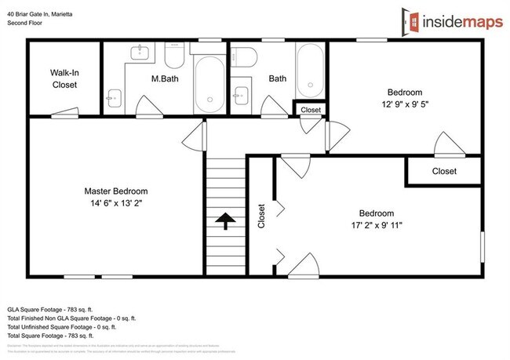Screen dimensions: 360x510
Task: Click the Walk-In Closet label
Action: click(65, 78)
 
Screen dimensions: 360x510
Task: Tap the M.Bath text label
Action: click(166, 78)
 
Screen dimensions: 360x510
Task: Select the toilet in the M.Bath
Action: click(174, 57)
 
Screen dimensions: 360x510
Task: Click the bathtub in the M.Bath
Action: click(209, 83)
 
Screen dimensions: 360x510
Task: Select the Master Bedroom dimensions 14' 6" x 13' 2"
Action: click(115, 202)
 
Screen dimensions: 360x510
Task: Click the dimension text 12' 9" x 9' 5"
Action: click(405, 103)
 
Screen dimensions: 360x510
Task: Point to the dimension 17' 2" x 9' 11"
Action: click(381, 225)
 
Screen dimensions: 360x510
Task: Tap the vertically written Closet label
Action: click(261, 216)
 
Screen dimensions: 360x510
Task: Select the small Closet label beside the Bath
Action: click(311, 111)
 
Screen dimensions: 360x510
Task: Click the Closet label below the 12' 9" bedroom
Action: click(444, 171)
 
